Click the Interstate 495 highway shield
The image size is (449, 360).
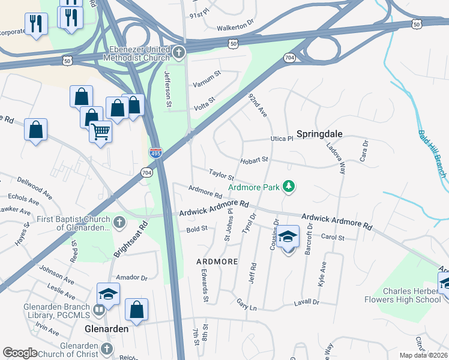click(x=155, y=154)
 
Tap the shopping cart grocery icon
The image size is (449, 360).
click(x=101, y=131)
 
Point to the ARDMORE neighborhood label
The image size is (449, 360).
click(x=217, y=262)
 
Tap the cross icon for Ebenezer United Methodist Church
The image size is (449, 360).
click(x=178, y=53)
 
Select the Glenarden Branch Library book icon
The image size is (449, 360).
click(x=98, y=310)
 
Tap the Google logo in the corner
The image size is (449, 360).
click(x=20, y=352)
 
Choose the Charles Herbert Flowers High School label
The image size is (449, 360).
click(x=403, y=295)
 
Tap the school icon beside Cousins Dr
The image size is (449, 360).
click(x=288, y=237)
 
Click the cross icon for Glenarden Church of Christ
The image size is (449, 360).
click(x=107, y=349)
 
